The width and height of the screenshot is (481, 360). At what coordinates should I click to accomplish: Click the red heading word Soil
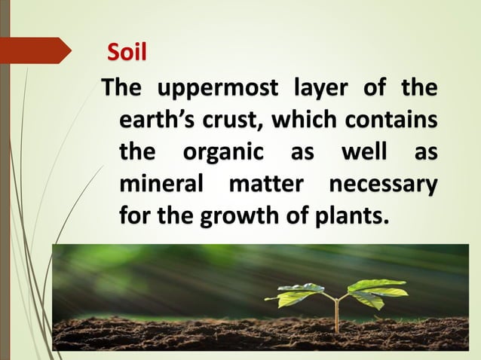click(126, 53)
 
